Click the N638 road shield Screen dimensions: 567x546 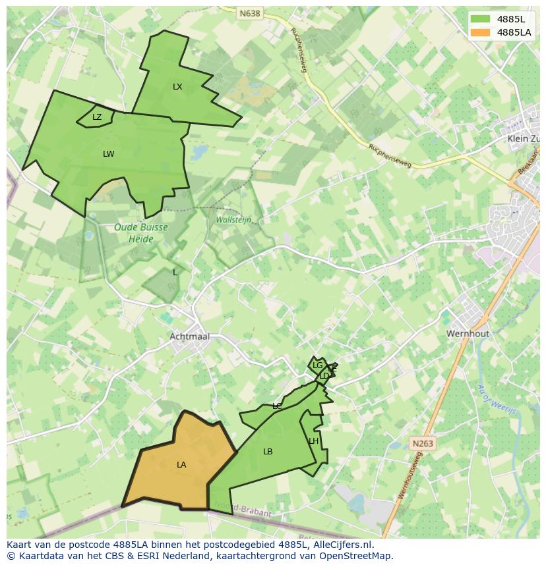coord(250,13)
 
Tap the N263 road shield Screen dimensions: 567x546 coord(422,444)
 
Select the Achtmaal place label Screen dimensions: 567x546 coord(189,337)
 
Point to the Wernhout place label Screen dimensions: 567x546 coord(468,334)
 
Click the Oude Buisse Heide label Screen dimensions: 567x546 coord(141,232)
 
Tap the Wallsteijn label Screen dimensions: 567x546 coord(233,220)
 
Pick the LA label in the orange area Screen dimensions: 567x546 coord(181,465)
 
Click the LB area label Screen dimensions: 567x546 coord(268,452)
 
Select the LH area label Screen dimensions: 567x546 coord(314,441)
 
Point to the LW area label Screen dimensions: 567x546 coord(109,154)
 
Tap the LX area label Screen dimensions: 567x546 coord(177,87)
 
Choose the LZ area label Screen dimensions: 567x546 coord(97,117)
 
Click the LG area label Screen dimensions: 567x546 coord(317,365)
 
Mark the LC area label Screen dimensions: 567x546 coord(277,406)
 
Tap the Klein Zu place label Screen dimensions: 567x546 coord(523,139)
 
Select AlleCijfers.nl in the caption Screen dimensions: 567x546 coord(342,545)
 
